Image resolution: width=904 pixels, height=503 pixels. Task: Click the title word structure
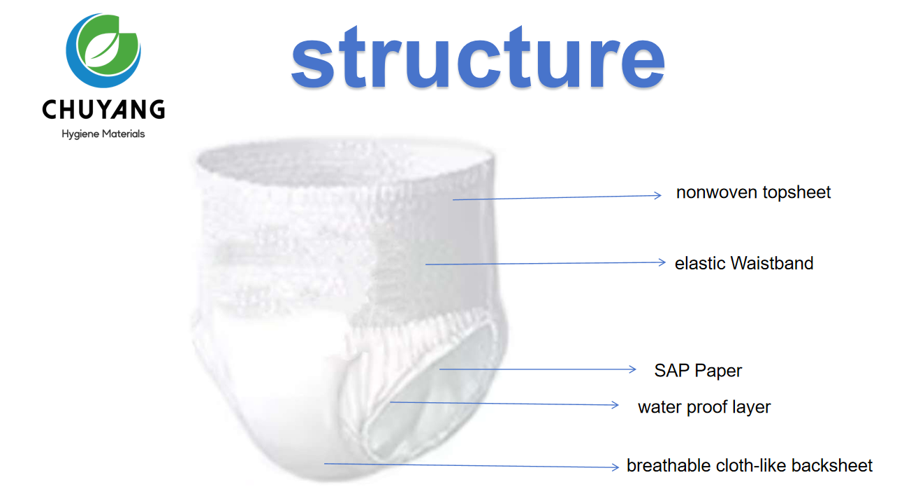(478, 57)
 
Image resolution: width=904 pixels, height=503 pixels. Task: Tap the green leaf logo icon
(103, 50)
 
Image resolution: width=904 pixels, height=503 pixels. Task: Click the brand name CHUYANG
(103, 110)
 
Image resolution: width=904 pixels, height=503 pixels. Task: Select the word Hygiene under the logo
(80, 134)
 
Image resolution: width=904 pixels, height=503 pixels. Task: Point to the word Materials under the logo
(124, 134)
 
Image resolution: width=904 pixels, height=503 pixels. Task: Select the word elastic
(700, 264)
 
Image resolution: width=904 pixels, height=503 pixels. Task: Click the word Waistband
(772, 264)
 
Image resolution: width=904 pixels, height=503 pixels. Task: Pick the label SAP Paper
(698, 371)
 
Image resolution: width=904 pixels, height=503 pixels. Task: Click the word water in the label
(659, 407)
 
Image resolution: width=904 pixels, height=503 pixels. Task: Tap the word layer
(752, 407)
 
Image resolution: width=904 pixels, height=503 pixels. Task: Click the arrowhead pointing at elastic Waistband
(662, 262)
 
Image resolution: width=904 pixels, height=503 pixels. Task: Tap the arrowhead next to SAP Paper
(632, 369)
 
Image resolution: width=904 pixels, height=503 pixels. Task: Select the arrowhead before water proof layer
(615, 405)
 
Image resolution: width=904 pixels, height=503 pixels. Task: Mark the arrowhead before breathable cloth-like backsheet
(615, 467)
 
